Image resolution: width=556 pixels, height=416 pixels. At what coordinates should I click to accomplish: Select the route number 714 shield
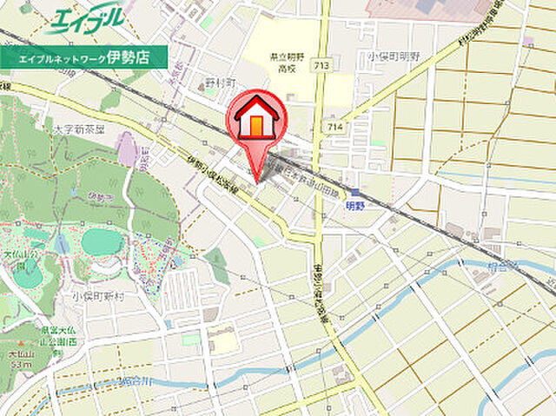click(335, 128)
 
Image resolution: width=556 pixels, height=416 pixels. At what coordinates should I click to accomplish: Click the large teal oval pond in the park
click(103, 241)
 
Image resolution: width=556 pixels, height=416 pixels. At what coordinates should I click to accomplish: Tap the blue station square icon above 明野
click(354, 194)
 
